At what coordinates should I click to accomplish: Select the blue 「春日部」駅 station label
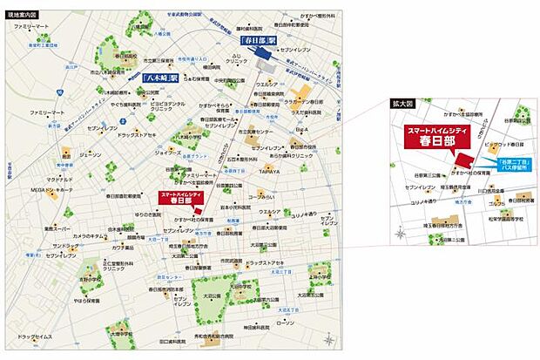click(x=259, y=41)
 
